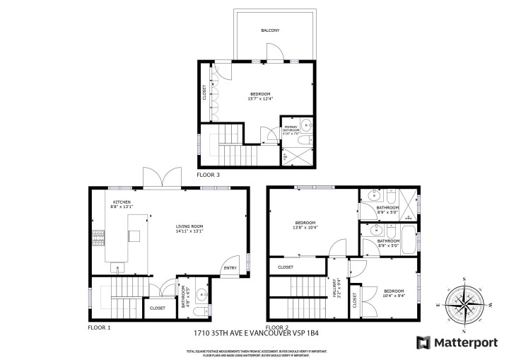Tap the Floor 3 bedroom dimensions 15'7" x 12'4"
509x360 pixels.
261,99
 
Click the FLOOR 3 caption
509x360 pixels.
209,174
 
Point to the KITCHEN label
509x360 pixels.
122,202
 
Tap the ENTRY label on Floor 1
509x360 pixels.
231,267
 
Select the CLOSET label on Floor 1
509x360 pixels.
158,308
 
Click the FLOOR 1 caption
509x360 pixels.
100,327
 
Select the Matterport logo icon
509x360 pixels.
423,342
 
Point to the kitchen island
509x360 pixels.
133,238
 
